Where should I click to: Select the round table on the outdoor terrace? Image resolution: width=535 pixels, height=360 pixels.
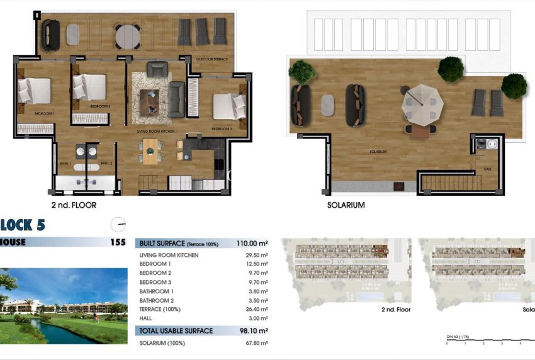click(x=128, y=35)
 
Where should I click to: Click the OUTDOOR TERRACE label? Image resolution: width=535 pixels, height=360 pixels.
click(x=211, y=59)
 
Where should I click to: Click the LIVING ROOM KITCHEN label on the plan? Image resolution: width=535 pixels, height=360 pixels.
click(x=155, y=132)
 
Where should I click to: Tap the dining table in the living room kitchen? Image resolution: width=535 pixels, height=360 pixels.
click(x=151, y=150)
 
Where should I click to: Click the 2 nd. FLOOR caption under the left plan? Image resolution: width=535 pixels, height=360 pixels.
click(x=74, y=205)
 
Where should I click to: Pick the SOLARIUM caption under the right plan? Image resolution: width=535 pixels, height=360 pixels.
click(x=346, y=205)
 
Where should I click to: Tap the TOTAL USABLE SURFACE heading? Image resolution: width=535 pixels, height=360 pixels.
click(x=176, y=330)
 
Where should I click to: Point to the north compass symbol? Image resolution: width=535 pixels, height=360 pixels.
click(x=118, y=224)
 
